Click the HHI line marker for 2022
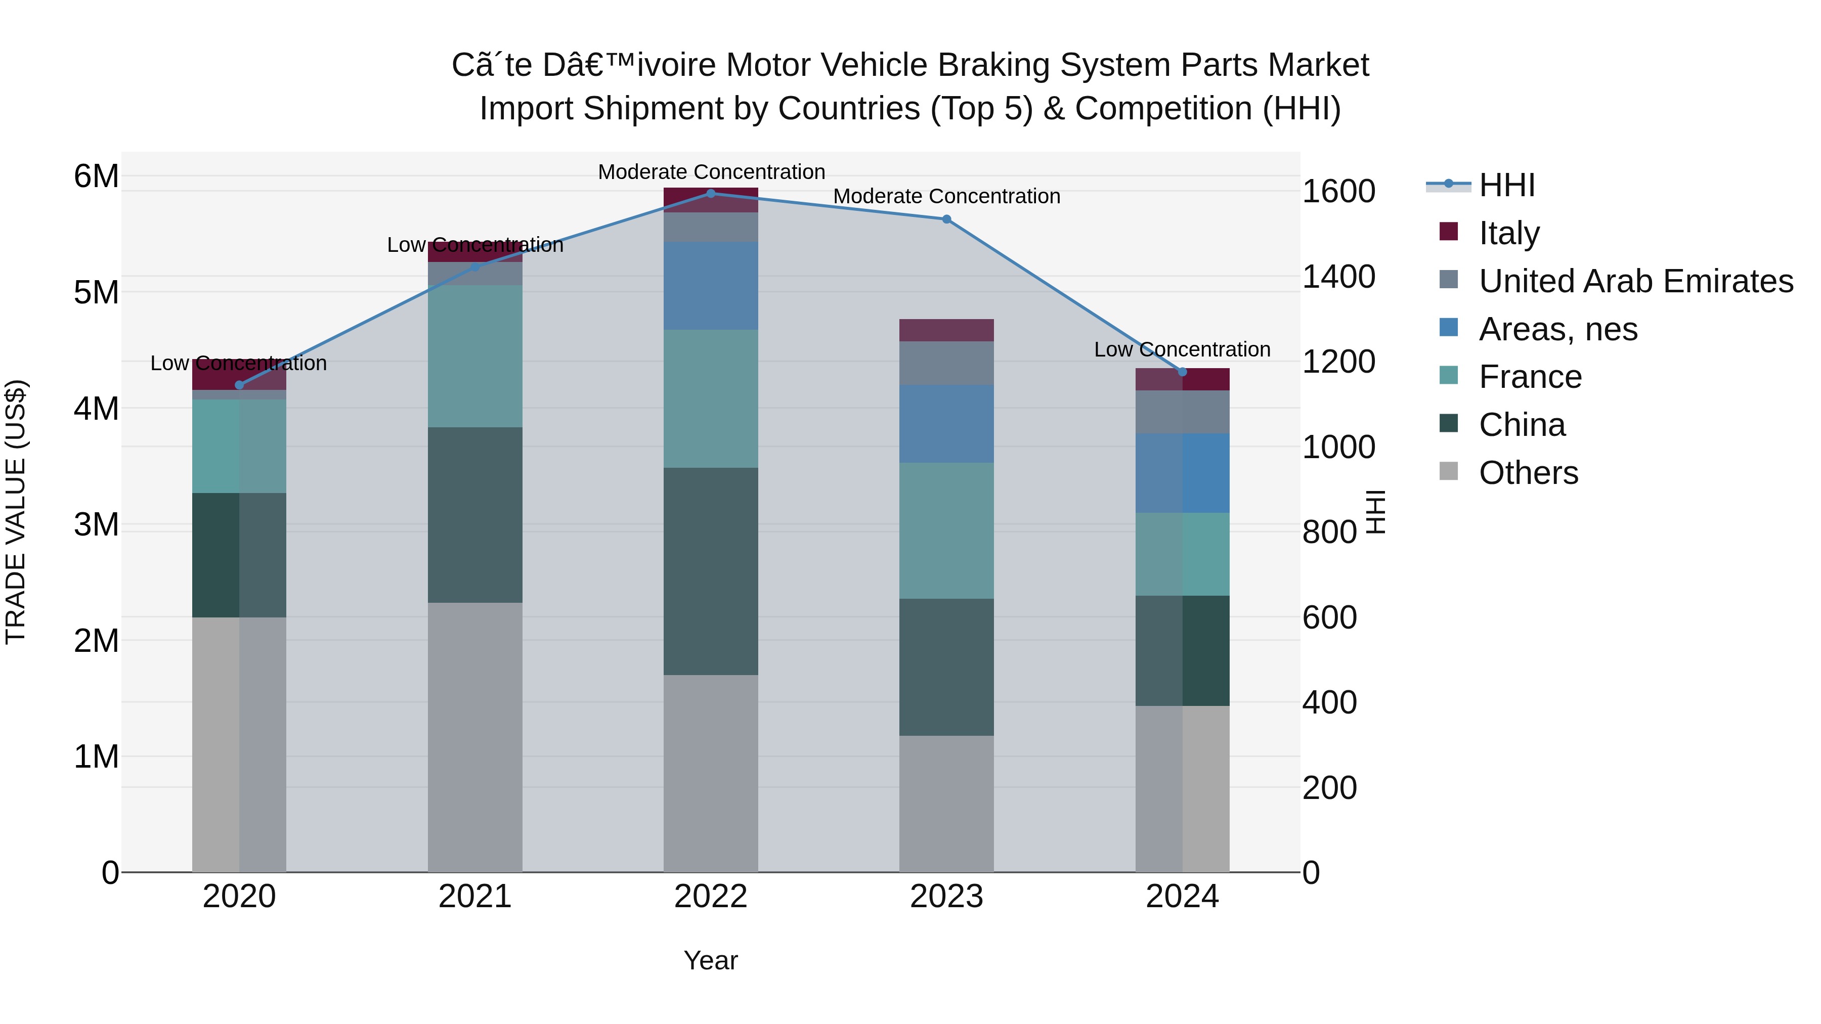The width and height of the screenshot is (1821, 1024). pos(711,194)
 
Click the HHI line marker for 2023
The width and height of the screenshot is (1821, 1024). pos(946,219)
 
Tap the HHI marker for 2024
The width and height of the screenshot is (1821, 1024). pos(1182,372)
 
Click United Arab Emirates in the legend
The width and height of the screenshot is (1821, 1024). pos(1636,281)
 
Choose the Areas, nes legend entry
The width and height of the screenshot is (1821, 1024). pos(1558,329)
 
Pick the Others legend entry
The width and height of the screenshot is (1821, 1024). pos(1528,473)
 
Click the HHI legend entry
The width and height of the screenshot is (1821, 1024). pos(1506,185)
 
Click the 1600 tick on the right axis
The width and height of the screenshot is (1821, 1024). pos(1338,192)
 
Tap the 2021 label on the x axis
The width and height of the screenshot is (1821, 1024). pos(475,897)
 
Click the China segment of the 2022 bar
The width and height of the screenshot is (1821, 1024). pos(711,571)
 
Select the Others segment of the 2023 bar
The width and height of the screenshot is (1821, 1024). pos(946,804)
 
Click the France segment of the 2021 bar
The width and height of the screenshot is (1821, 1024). pos(475,356)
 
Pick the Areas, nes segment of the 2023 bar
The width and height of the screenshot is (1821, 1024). pos(946,424)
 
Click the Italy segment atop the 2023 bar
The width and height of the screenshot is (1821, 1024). pos(946,330)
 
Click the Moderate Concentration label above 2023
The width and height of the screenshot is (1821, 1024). pos(946,197)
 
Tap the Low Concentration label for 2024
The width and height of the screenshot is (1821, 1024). pos(1182,350)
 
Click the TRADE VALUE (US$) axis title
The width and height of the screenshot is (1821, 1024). pos(16,512)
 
